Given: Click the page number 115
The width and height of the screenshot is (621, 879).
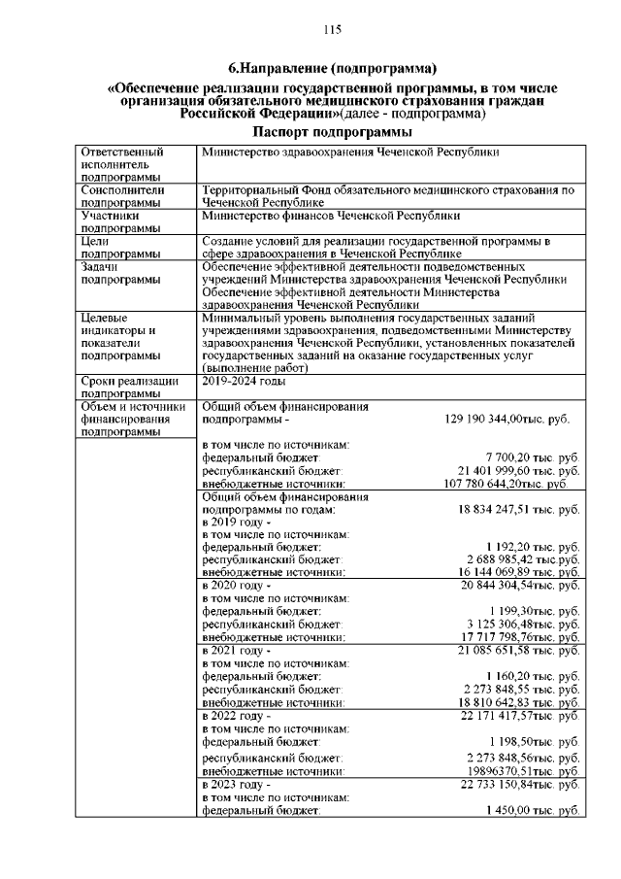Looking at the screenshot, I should click(x=332, y=30).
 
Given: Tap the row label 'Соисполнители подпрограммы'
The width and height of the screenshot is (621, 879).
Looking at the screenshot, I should click(x=122, y=197).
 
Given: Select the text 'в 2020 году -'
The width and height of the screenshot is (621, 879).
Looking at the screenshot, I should click(x=233, y=586).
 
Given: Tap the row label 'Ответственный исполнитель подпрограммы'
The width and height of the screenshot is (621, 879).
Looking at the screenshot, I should click(x=122, y=165).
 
